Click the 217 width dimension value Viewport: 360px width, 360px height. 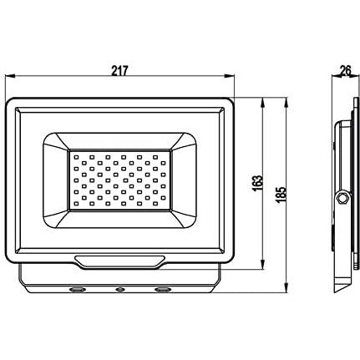(x=119, y=71)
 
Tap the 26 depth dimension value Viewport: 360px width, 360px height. (x=346, y=71)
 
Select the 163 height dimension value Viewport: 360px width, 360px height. (x=258, y=183)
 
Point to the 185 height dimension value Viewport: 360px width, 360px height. (x=281, y=195)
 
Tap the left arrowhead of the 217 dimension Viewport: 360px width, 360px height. (x=10, y=75)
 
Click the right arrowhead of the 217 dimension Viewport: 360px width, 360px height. (x=230, y=75)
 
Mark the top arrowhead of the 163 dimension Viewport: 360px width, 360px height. (x=262, y=103)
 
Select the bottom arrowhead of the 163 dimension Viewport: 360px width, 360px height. (x=262, y=265)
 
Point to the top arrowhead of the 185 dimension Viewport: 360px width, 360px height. (x=286, y=103)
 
